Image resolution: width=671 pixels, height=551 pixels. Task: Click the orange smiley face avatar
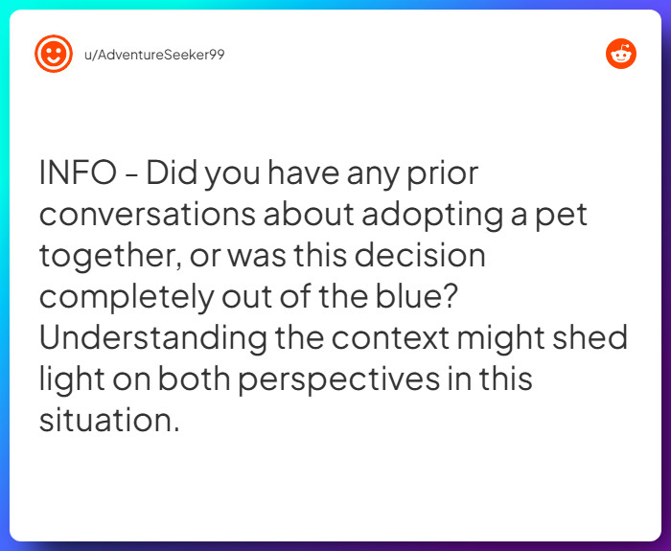pyautogui.click(x=54, y=54)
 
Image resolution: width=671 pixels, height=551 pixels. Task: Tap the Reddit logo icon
pyautogui.click(x=620, y=54)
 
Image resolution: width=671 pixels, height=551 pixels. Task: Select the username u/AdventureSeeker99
pyautogui.click(x=154, y=54)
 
